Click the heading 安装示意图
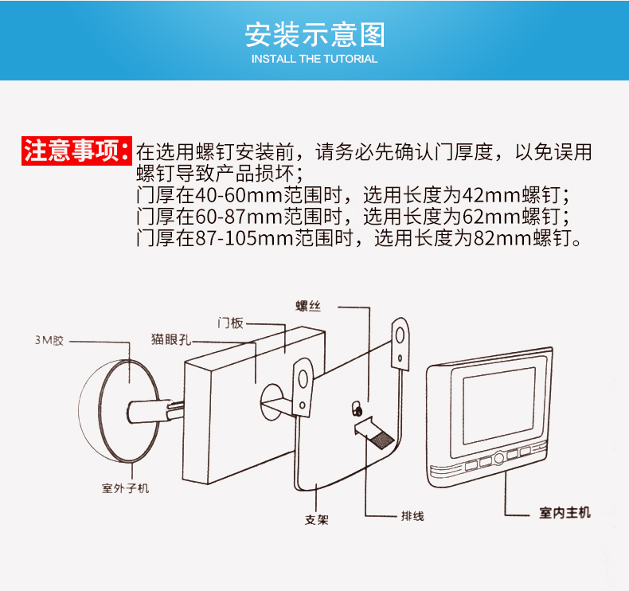click(x=315, y=34)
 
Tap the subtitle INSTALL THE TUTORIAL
click(x=314, y=59)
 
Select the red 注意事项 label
click(x=76, y=151)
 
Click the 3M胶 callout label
click(x=49, y=341)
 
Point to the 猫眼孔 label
click(x=171, y=339)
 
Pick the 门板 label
click(x=231, y=323)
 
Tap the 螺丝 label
click(x=308, y=306)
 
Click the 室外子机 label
click(x=125, y=488)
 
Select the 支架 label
click(x=317, y=520)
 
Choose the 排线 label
click(x=412, y=516)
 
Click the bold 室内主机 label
click(x=565, y=512)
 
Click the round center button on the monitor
click(x=498, y=458)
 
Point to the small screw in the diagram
click(x=356, y=409)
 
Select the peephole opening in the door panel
click(x=272, y=402)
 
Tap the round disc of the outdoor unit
click(x=128, y=410)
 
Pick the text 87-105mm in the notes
click(x=244, y=237)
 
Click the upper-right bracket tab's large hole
click(x=400, y=335)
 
